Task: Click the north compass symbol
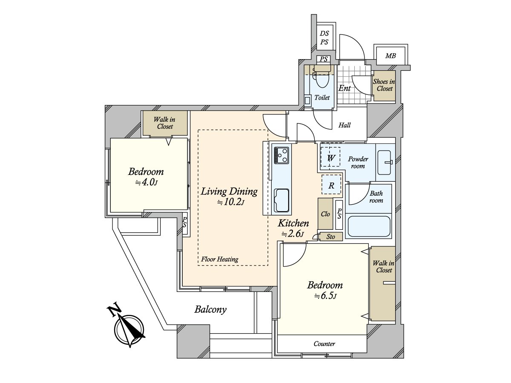tap(129, 329)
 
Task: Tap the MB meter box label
tap(390, 56)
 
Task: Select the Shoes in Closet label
tap(384, 85)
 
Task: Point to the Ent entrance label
tap(344, 88)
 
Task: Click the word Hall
tap(344, 126)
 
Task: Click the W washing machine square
tap(330, 158)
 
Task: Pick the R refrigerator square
tap(331, 186)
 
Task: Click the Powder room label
tap(358, 162)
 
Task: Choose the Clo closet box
tap(325, 214)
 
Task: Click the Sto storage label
tap(331, 237)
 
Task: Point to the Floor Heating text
tap(220, 259)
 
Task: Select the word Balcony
tap(210, 309)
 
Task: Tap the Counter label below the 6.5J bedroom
tap(324, 344)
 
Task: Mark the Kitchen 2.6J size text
tap(293, 234)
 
